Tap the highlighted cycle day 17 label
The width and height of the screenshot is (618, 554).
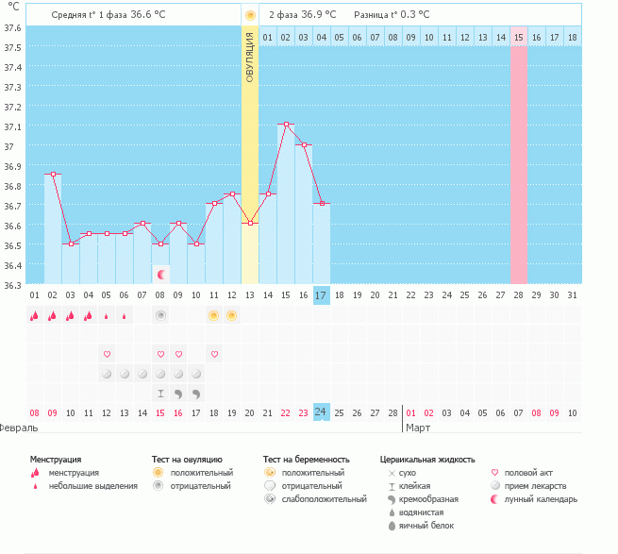(321, 295)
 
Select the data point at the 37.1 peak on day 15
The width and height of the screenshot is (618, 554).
(286, 125)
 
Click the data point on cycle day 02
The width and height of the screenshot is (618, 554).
(53, 175)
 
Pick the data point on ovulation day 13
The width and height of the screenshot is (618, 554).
(249, 223)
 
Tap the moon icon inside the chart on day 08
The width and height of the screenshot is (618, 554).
(161, 274)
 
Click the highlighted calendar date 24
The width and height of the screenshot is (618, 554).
(321, 412)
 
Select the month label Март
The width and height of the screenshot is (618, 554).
(418, 428)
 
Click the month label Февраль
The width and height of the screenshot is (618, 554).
(19, 428)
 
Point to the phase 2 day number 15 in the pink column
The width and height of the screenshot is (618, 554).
(519, 37)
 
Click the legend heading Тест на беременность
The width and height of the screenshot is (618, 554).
(307, 459)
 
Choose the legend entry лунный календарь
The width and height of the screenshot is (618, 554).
(541, 499)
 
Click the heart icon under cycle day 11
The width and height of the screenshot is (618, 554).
(215, 354)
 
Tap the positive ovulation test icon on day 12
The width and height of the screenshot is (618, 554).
(232, 315)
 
